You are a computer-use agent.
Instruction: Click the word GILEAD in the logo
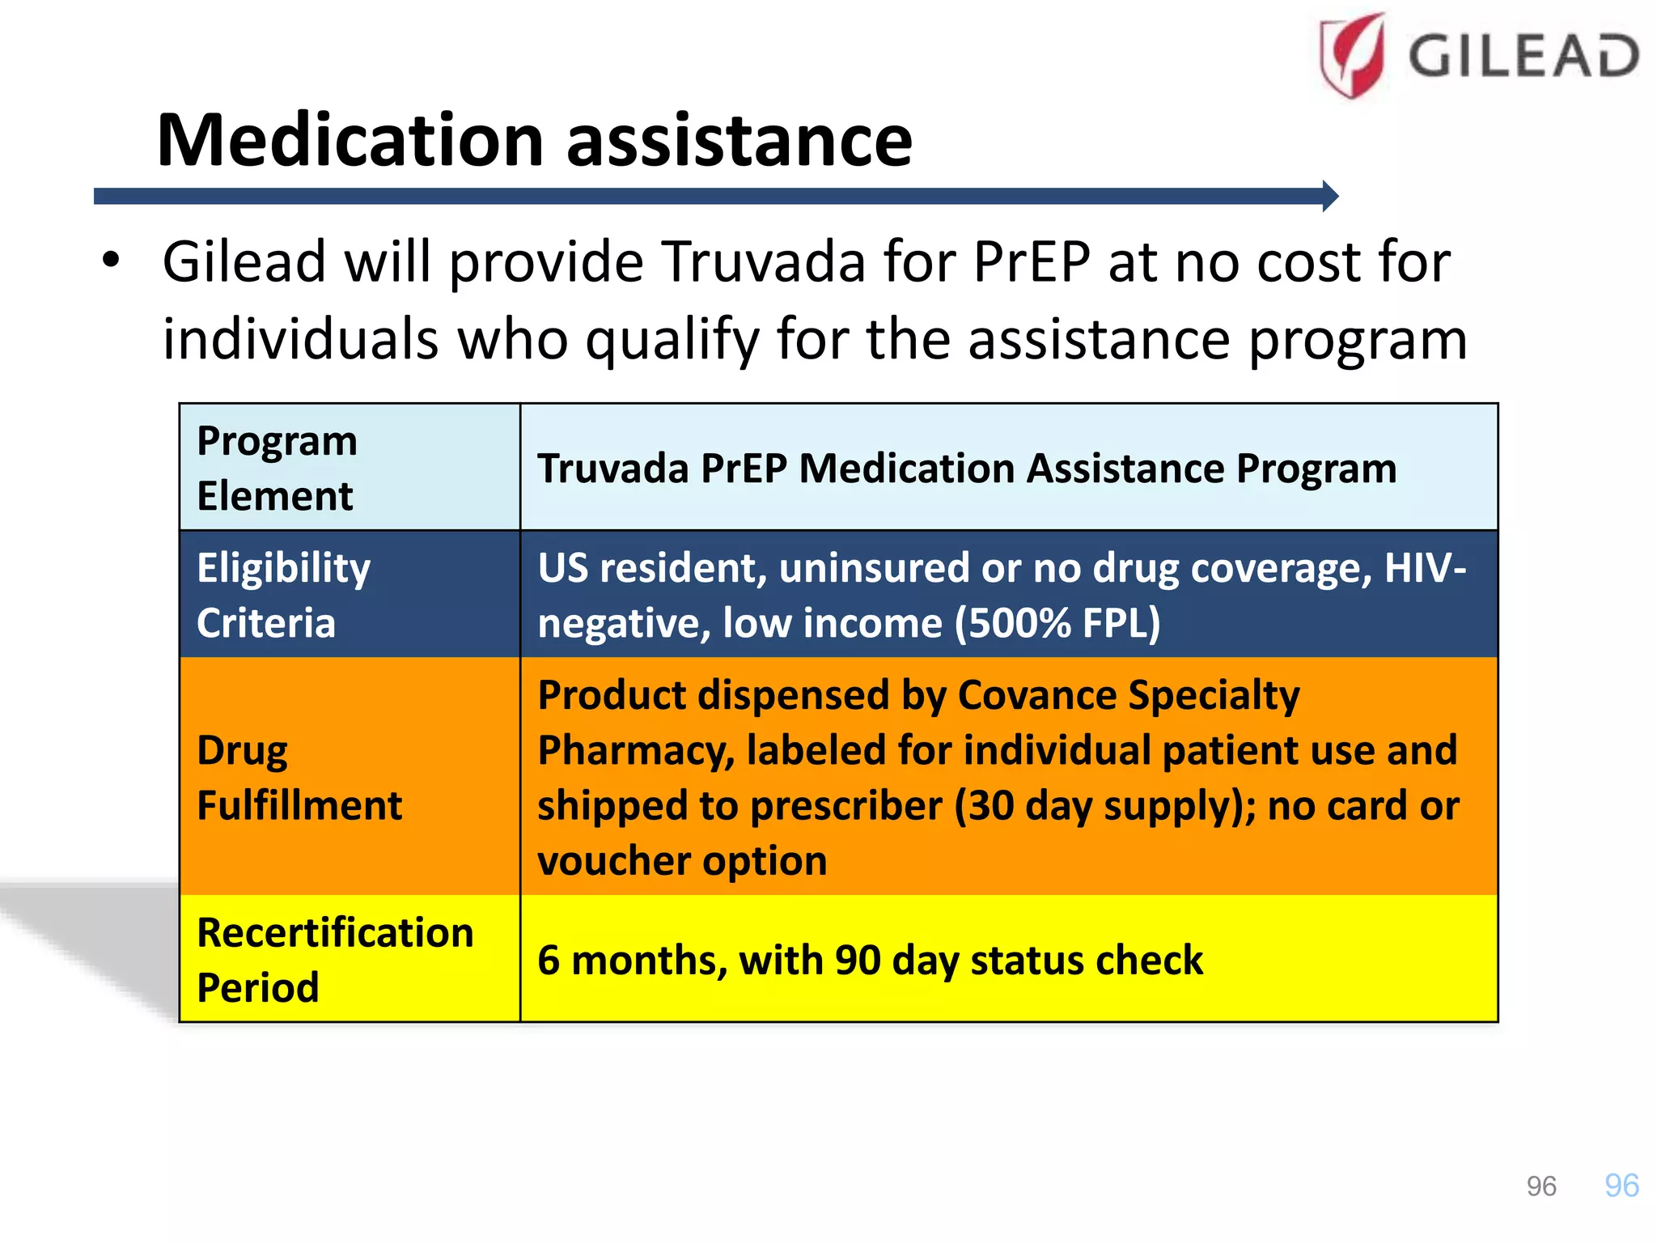(x=1524, y=57)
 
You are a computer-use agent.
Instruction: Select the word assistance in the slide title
(x=739, y=142)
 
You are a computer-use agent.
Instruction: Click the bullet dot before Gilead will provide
(x=111, y=261)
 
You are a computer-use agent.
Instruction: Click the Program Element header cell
(x=277, y=468)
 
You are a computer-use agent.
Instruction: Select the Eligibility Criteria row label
(x=283, y=595)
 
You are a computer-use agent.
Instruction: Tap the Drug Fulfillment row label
(x=299, y=778)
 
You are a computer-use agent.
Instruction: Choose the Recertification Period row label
(x=334, y=960)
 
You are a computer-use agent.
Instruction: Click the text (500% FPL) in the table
(x=1057, y=623)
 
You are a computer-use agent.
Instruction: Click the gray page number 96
(x=1540, y=1186)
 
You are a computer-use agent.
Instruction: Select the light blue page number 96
(x=1621, y=1186)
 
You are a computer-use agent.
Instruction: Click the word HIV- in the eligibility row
(x=1424, y=568)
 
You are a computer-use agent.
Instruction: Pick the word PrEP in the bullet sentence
(x=1032, y=262)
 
